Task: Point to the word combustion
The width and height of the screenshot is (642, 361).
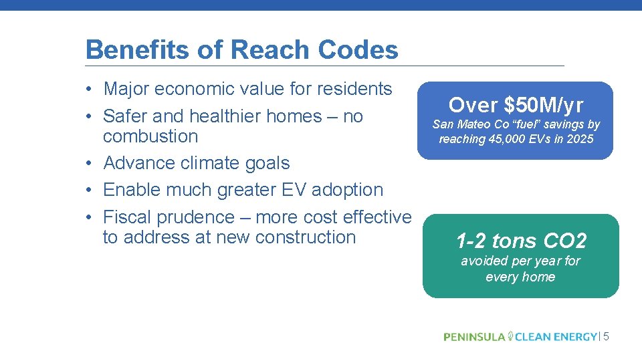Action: click(150, 136)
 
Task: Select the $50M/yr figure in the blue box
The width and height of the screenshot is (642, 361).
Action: click(543, 105)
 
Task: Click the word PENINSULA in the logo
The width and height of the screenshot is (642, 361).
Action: click(474, 337)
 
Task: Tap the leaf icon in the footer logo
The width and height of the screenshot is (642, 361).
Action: click(510, 336)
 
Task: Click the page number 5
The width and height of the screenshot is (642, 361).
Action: click(606, 337)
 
